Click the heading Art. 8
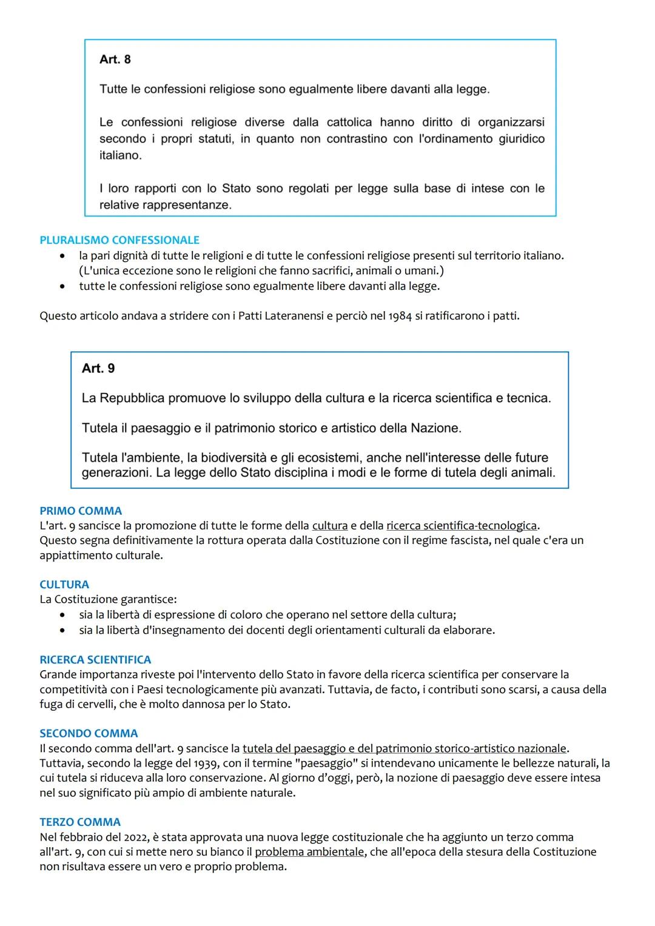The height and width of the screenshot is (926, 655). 115,59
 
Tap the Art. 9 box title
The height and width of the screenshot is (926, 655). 98,369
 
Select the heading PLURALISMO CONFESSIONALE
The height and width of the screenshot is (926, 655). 119,240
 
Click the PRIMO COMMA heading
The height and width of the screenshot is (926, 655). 81,511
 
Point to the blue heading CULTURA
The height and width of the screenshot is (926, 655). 64,585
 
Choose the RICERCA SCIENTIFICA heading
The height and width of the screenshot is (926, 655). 95,660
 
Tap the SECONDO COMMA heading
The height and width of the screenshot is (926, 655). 89,733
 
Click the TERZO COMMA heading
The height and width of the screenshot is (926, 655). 80,822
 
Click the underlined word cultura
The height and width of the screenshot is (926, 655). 330,526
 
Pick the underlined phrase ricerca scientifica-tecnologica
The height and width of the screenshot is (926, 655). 461,526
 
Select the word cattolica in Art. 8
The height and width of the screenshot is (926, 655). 349,122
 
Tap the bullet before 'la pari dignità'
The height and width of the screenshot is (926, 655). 62,256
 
